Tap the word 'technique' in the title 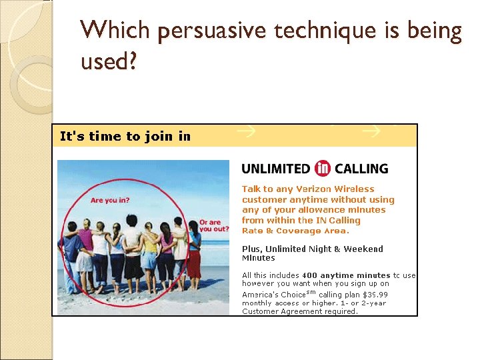pyautogui.click(x=322, y=31)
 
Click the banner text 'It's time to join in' pyautogui.click(x=125, y=137)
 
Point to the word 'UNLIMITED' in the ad pyautogui.click(x=276, y=169)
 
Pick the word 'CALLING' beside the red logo pyautogui.click(x=361, y=169)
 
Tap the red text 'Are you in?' pyautogui.click(x=111, y=200)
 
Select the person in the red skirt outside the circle pyautogui.click(x=194, y=253)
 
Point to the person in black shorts pyautogui.click(x=132, y=253)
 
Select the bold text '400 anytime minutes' pyautogui.click(x=346, y=275)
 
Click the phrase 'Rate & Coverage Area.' pyautogui.click(x=295, y=231)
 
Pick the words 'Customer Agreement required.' pyautogui.click(x=299, y=311)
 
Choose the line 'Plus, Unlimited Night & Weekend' pyautogui.click(x=312, y=249)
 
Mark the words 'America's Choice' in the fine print pyautogui.click(x=273, y=294)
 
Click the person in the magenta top pyautogui.click(x=85, y=250)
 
